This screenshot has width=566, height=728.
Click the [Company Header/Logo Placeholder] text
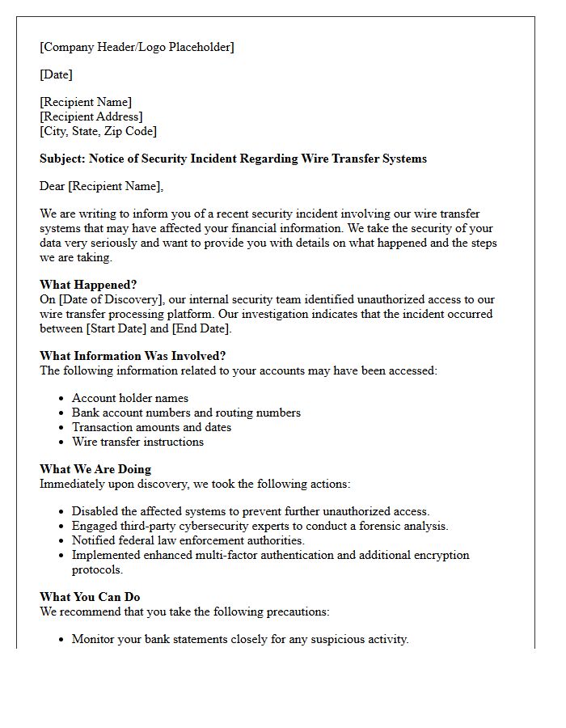tap(137, 47)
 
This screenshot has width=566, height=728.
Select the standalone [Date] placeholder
tap(56, 74)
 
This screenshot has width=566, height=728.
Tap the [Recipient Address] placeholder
tap(91, 116)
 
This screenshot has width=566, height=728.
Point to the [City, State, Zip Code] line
tap(98, 131)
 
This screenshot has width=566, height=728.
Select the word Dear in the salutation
tap(53, 186)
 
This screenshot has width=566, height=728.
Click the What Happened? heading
tap(88, 285)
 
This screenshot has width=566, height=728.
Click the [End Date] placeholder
tap(201, 328)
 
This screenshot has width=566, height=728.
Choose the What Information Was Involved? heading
tap(132, 356)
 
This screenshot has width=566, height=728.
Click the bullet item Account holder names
tap(129, 398)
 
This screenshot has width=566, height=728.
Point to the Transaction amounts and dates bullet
tap(151, 427)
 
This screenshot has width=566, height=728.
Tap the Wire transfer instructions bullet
tap(137, 442)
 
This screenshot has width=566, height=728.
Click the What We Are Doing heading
tap(95, 469)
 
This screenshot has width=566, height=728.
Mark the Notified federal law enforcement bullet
tap(188, 540)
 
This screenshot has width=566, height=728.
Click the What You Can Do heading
tap(90, 597)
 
